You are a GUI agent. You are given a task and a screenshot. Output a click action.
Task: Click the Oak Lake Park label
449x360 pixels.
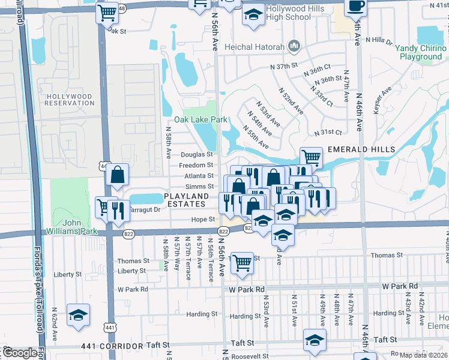click(x=200, y=119)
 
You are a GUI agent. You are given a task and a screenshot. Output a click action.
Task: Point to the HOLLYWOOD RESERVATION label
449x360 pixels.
click(x=70, y=100)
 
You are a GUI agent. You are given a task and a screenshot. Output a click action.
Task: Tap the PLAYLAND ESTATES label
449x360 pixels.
click(x=187, y=200)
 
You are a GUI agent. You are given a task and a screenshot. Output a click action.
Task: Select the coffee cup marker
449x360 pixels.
click(x=355, y=7)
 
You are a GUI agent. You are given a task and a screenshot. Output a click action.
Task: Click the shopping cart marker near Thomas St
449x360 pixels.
click(x=241, y=262)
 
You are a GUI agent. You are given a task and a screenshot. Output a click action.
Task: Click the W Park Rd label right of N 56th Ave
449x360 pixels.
click(x=247, y=289)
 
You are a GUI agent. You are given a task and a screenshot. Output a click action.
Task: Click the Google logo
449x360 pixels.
click(x=19, y=353)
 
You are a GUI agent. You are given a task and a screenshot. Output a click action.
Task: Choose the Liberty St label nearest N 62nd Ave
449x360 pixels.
click(x=68, y=274)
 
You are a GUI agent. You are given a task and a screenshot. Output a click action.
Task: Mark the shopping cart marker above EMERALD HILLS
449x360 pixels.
click(x=311, y=158)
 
